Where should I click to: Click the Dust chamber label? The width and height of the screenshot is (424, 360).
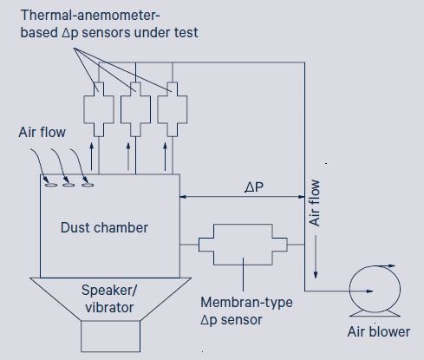(x=104, y=228)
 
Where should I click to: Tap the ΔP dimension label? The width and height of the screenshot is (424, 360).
(x=254, y=187)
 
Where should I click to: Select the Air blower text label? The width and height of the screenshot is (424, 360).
(x=379, y=332)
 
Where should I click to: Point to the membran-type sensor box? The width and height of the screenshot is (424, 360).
(x=243, y=245)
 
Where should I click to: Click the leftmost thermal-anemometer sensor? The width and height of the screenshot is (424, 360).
(x=99, y=109)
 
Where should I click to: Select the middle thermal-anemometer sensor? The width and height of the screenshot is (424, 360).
(x=135, y=109)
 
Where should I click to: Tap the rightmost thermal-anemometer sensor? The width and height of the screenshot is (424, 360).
(x=173, y=109)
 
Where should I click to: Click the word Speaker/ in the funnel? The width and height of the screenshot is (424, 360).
(x=109, y=290)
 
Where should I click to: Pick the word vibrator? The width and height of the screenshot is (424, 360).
(x=109, y=307)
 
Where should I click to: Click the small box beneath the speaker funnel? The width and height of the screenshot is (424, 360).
(x=111, y=337)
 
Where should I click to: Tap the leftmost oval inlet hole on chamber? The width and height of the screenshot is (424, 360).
(x=51, y=185)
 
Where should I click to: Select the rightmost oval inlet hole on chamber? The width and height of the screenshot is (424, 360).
(x=88, y=185)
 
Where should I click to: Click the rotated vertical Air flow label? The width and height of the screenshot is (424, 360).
(x=315, y=203)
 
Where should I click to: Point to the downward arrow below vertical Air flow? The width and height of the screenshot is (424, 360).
(x=316, y=257)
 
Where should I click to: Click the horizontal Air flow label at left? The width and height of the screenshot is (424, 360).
(x=42, y=133)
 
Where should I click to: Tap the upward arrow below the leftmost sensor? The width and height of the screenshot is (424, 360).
(x=92, y=156)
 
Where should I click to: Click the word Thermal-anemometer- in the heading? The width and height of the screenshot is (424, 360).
(x=90, y=15)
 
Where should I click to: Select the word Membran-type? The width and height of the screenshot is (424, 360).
(x=246, y=303)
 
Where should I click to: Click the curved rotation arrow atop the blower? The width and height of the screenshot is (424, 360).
(x=382, y=266)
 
